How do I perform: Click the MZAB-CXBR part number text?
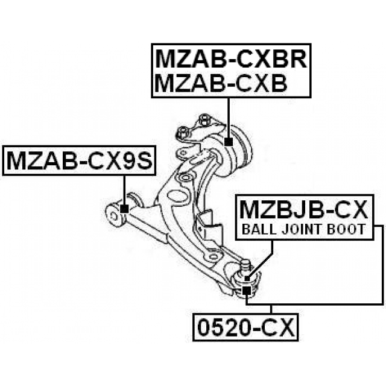click(x=232, y=59)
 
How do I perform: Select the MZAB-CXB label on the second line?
click(x=221, y=83)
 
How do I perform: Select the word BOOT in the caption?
click(x=346, y=229)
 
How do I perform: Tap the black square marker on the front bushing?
click(x=124, y=209)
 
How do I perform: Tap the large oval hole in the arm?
click(x=176, y=197)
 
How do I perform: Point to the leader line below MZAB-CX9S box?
click(x=124, y=190)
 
